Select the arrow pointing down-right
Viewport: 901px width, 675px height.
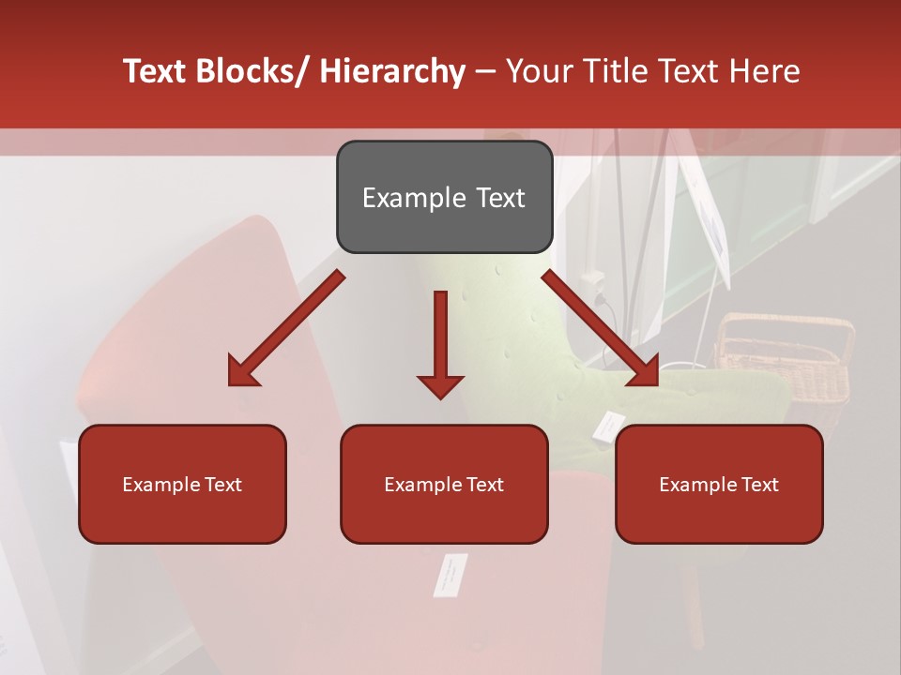click(x=601, y=328)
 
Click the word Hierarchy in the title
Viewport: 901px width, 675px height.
click(x=392, y=71)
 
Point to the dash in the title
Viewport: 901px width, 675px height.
click(x=485, y=71)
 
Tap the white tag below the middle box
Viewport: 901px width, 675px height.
click(x=450, y=574)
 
